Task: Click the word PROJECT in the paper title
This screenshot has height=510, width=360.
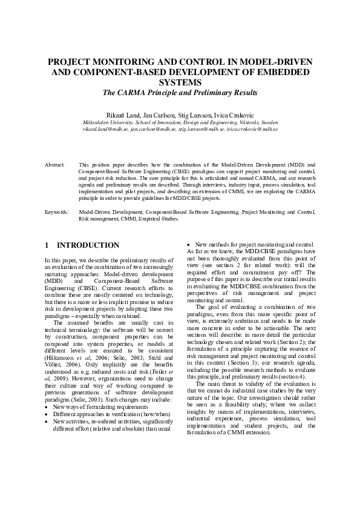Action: click(73, 62)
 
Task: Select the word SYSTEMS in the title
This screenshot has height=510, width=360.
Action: click(180, 83)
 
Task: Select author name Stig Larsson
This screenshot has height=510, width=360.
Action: click(194, 114)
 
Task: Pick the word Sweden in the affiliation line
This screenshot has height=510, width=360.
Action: click(267, 122)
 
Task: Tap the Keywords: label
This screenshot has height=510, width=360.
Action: click(57, 213)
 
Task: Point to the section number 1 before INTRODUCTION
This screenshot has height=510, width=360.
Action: click(47, 245)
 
